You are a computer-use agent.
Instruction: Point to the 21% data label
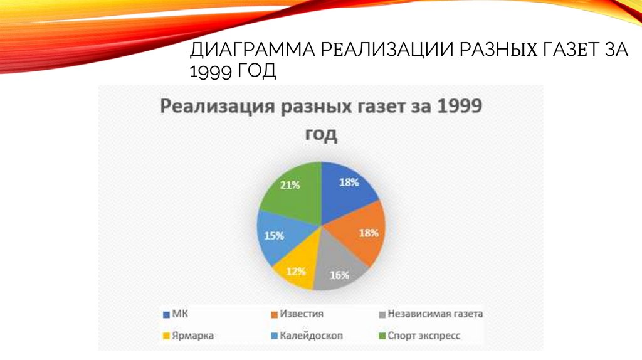[290, 185]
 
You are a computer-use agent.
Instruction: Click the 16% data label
[340, 274]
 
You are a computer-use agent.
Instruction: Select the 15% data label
[274, 236]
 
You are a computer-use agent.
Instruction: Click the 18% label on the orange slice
[368, 232]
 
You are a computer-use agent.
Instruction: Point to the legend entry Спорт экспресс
[424, 336]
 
